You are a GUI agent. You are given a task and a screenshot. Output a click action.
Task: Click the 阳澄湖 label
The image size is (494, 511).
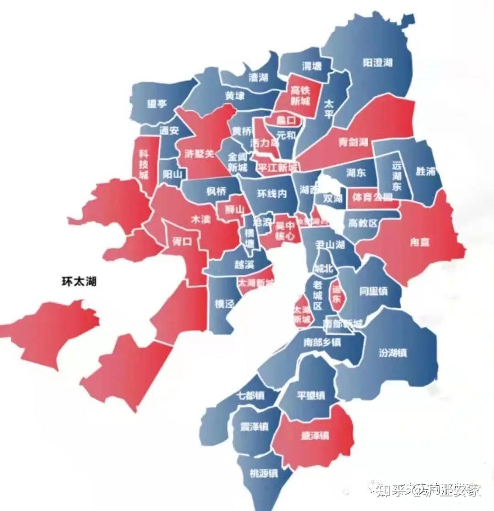point(378,63)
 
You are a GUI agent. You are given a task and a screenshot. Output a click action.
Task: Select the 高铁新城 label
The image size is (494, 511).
point(300,95)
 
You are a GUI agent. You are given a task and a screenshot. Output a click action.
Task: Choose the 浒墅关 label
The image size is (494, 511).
point(199,154)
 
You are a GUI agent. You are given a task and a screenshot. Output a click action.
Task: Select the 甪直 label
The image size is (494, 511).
point(419,242)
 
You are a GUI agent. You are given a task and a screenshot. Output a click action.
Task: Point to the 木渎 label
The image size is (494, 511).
point(200,219)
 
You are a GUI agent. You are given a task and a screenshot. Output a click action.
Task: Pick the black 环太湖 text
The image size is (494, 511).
point(79,282)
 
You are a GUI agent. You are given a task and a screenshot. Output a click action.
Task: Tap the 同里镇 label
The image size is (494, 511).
point(373,291)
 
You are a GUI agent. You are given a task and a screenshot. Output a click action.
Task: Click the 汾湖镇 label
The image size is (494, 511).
point(392,353)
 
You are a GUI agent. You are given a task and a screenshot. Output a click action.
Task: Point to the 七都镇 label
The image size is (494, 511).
point(251,395)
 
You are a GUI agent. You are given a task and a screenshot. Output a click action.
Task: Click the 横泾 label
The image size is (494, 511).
point(224,304)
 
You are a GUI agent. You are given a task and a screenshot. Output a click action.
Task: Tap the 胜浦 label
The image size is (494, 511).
point(425,172)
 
